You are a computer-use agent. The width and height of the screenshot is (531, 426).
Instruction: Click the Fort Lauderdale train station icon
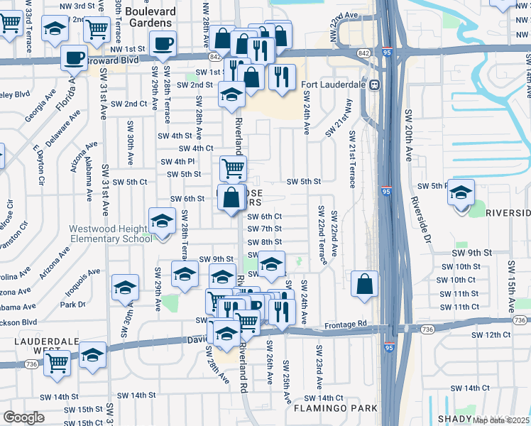374,85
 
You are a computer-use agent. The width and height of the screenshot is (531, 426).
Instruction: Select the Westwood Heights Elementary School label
110,234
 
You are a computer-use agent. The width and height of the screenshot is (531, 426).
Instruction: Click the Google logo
23,417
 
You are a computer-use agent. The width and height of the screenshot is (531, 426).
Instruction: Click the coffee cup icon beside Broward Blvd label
73,58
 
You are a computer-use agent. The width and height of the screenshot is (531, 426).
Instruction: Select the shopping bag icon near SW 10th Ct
363,284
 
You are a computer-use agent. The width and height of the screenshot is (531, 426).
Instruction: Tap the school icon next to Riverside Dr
461,192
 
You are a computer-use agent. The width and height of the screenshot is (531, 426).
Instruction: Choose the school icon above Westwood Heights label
162,220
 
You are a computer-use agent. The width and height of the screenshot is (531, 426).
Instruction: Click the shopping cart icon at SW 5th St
233,169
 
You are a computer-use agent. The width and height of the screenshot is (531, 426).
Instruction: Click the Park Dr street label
72,305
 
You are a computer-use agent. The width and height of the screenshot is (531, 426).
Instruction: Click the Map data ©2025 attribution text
501,420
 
